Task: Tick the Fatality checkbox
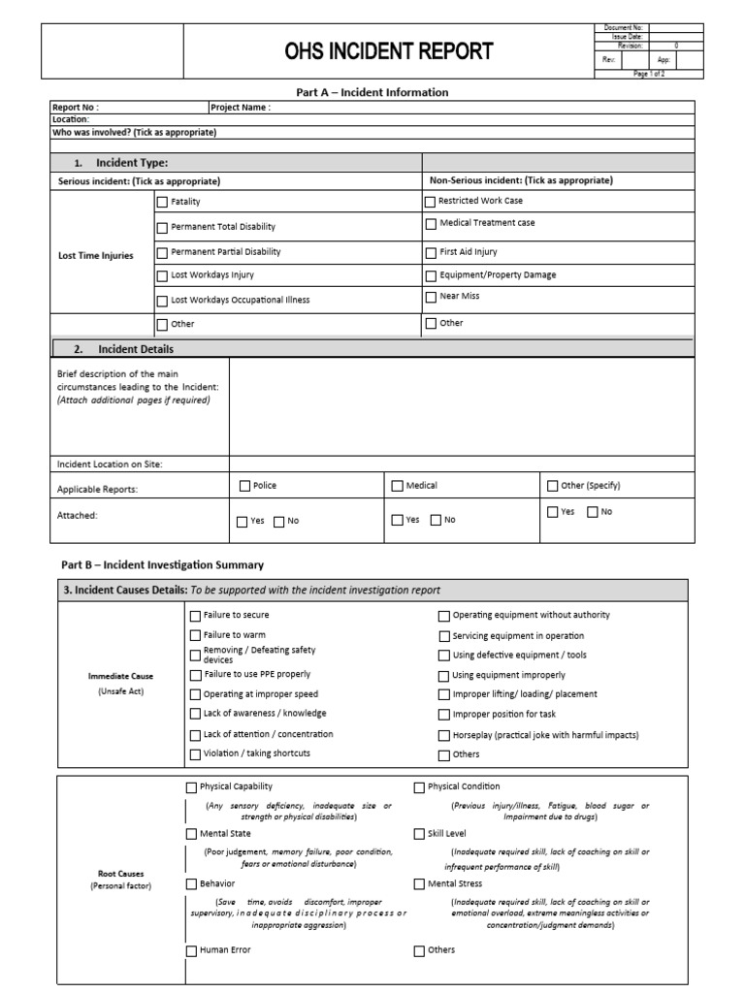click(162, 202)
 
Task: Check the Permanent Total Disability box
click(162, 227)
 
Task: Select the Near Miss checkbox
click(431, 297)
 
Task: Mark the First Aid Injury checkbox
click(431, 252)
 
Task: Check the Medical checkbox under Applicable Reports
click(398, 486)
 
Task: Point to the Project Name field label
click(240, 108)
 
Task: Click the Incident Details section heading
click(135, 349)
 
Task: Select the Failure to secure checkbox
click(195, 616)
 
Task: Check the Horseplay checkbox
click(444, 736)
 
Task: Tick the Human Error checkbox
click(191, 951)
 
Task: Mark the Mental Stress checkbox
click(419, 884)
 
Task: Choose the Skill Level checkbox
click(419, 834)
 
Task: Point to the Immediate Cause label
click(120, 675)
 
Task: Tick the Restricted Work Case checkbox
click(431, 202)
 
